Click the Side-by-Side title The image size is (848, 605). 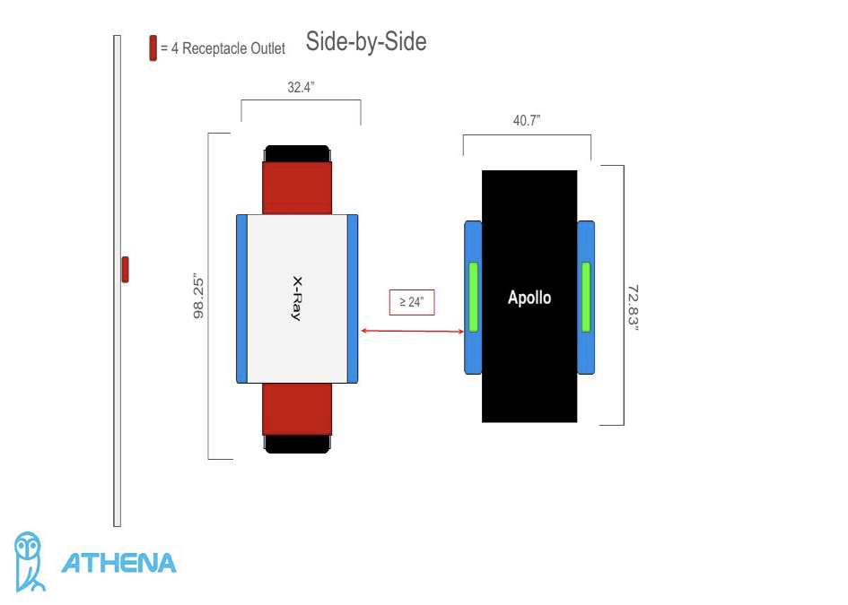366,41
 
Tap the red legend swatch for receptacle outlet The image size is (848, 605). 153,48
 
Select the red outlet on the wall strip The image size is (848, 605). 126,269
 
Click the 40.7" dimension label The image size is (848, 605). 527,121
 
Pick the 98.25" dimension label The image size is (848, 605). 199,296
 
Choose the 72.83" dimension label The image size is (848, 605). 633,308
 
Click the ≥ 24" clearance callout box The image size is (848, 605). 412,302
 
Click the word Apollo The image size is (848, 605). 529,298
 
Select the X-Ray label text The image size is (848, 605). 296,298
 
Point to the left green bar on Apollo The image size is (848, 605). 473,297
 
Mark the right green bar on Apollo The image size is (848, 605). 586,297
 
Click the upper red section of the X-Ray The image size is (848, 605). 297,188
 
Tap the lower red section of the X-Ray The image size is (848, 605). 297,409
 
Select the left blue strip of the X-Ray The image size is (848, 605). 240,298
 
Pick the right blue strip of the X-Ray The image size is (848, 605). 353,298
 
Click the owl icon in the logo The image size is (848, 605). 30,562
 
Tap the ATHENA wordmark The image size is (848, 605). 118,563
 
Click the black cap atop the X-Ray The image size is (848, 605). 297,153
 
